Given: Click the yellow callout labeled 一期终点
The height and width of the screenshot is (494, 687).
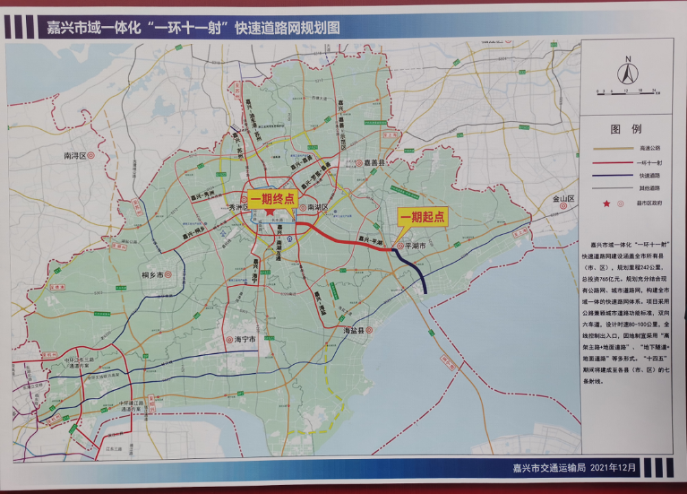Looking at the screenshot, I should point(273,199).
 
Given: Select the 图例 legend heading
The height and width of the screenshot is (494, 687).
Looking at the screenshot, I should point(626,129).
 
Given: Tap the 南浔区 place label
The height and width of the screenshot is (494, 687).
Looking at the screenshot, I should point(74,156).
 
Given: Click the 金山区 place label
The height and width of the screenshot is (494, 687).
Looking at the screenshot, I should point(562,199).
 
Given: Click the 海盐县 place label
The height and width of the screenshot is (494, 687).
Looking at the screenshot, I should point(354,331).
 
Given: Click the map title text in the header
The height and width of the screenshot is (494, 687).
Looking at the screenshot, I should point(193,28).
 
